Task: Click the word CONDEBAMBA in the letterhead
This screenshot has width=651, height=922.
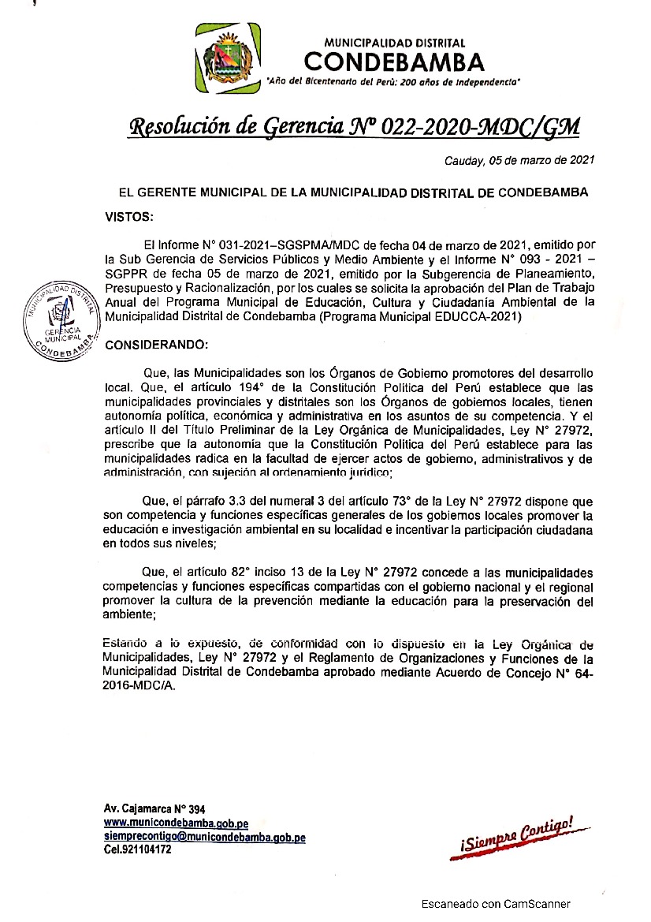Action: [x=394, y=62]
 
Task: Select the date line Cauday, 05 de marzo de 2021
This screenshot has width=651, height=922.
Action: [x=519, y=161]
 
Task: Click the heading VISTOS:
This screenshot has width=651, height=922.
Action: [x=130, y=215]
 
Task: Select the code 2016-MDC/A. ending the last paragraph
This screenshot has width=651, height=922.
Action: [x=139, y=686]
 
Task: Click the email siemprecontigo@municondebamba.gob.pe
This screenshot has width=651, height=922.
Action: [x=204, y=837]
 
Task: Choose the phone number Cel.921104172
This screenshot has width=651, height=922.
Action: [x=138, y=849]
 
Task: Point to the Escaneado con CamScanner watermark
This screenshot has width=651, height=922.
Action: [x=495, y=904]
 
